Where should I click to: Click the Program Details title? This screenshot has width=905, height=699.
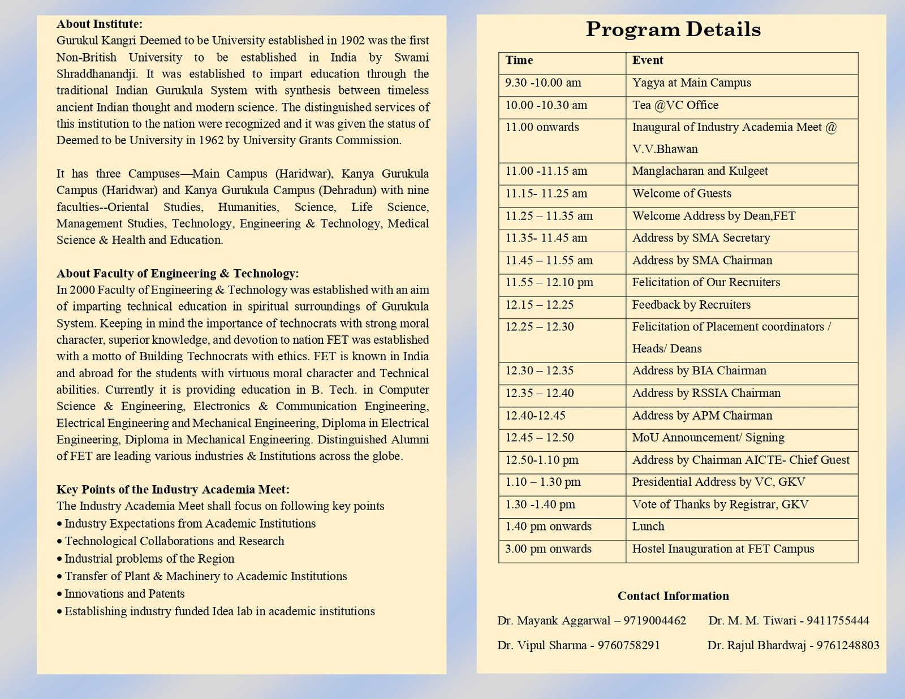673,29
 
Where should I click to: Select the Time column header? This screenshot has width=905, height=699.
519,61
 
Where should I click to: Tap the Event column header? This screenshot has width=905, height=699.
648,61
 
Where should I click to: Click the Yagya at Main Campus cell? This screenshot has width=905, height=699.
692,83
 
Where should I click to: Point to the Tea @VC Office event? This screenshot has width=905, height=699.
675,105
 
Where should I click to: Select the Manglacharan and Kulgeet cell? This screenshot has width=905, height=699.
700,171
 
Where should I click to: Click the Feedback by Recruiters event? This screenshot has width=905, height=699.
691,305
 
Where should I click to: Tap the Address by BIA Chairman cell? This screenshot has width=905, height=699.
699,371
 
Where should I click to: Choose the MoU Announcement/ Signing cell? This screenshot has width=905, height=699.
708,438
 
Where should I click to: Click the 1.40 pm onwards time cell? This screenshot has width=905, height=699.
548,527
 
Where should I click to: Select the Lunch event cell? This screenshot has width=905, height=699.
648,527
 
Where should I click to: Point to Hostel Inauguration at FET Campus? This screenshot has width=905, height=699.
723,549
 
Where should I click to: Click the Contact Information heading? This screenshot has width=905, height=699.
673,596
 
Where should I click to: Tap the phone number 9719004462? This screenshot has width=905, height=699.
654,621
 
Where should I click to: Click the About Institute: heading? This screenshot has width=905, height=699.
100,24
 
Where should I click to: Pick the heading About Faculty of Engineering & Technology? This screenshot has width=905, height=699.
178,274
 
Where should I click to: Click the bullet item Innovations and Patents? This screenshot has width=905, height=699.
124,594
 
